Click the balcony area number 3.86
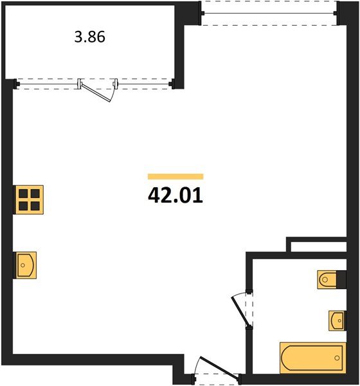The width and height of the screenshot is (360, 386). pos(89,37)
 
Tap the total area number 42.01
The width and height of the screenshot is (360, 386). pos(175,195)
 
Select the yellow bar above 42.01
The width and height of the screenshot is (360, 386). pos(175,176)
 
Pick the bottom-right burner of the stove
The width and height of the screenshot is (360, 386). pos(36,205)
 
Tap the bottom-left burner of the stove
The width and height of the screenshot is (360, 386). pos(24,205)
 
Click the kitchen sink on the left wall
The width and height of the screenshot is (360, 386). pos(26,264)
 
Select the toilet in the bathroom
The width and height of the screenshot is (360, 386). pos(328,279)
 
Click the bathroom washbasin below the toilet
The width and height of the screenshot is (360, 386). pos(336,319)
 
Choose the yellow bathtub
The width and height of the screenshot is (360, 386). pos(312,357)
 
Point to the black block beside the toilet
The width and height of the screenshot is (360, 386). pos(341,279)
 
